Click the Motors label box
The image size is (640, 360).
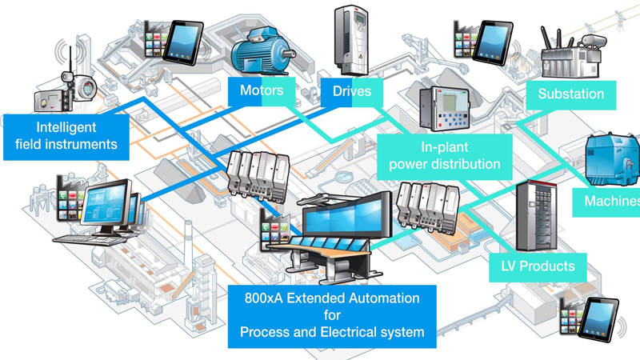click(262, 90)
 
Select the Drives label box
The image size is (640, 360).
click(352, 91)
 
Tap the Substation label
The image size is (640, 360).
click(570, 94)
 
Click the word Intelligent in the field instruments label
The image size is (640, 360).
click(66, 127)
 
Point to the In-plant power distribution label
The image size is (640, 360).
click(444, 156)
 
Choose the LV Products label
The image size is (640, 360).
click(538, 266)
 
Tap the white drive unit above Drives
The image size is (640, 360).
click(350, 40)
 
